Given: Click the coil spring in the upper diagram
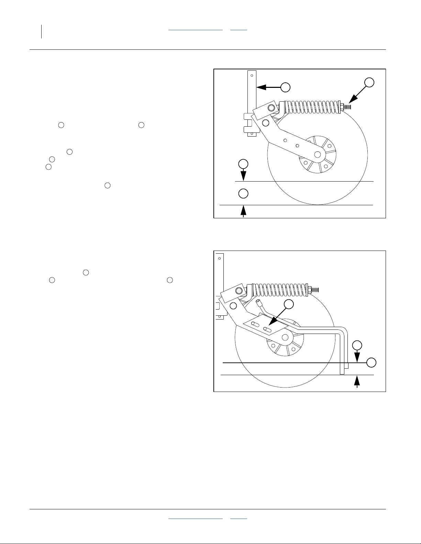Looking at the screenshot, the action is pyautogui.click(x=311, y=107).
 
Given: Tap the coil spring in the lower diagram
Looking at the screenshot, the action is pyautogui.click(x=280, y=289).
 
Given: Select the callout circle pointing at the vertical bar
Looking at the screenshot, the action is pyautogui.click(x=285, y=87).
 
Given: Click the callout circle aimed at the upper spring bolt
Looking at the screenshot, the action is pyautogui.click(x=369, y=82).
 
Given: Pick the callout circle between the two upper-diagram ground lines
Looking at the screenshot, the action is pyautogui.click(x=243, y=193).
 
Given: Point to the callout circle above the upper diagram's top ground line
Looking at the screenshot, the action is pyautogui.click(x=243, y=163).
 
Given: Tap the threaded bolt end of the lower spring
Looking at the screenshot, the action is pyautogui.click(x=316, y=289).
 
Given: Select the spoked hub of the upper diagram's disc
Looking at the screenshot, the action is pyautogui.click(x=318, y=154).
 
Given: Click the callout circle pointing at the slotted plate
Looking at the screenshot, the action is pyautogui.click(x=289, y=304).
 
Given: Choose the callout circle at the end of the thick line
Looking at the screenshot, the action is pyautogui.click(x=371, y=362).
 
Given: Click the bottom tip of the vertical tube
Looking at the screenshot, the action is pyautogui.click(x=342, y=373).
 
